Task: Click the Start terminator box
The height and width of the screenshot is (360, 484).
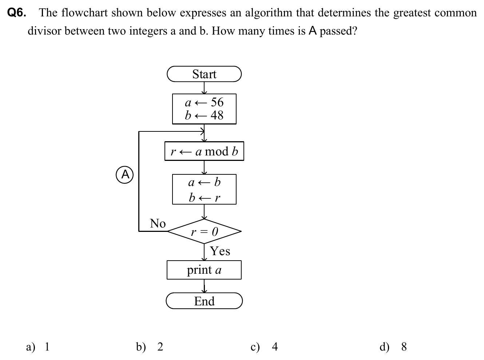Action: click(204, 74)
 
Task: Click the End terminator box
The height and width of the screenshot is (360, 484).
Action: click(204, 301)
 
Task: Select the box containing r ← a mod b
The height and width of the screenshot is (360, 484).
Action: click(204, 151)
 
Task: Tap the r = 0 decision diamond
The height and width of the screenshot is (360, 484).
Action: click(204, 231)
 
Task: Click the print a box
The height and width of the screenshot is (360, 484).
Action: click(204, 270)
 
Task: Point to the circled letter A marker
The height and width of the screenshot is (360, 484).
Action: click(125, 175)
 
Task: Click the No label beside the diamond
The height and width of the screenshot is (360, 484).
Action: click(158, 223)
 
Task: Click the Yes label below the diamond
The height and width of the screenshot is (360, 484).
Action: click(220, 251)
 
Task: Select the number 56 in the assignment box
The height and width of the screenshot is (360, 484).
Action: click(217, 102)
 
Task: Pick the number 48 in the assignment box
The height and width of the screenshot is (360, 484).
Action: click(217, 115)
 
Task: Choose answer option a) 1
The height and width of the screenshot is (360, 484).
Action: click(38, 347)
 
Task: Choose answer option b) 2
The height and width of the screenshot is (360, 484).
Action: click(150, 347)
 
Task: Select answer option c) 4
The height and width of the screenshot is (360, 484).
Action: click(264, 347)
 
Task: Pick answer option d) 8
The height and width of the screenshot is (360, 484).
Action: click(393, 347)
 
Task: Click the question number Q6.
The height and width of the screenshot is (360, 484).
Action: click(17, 13)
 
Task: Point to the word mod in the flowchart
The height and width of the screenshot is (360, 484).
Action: click(217, 151)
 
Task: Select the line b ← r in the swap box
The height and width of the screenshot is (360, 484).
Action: click(204, 198)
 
